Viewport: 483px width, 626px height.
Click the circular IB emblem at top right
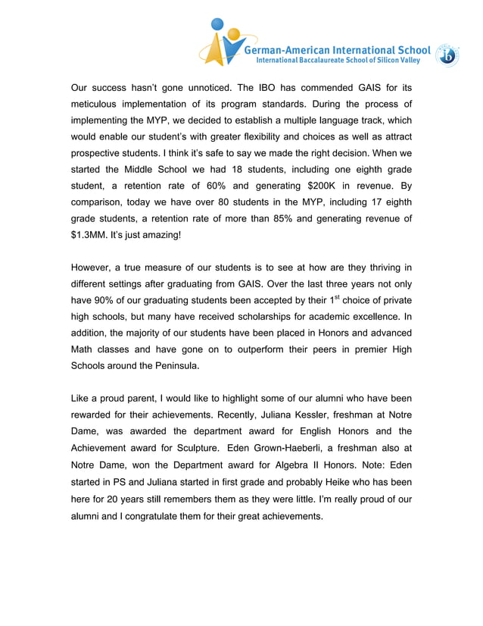(448, 55)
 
